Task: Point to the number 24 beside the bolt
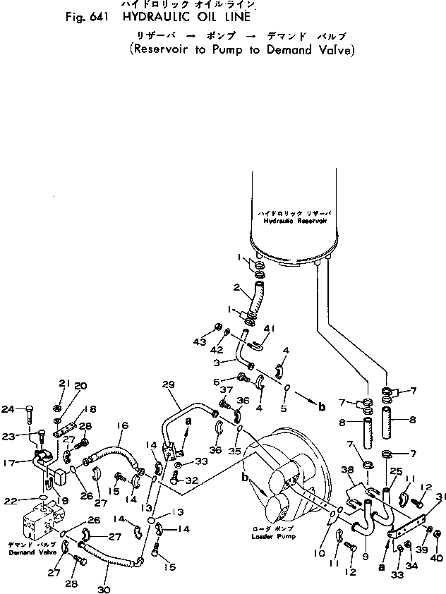click(x=8, y=408)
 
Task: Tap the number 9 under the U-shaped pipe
click(x=365, y=556)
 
